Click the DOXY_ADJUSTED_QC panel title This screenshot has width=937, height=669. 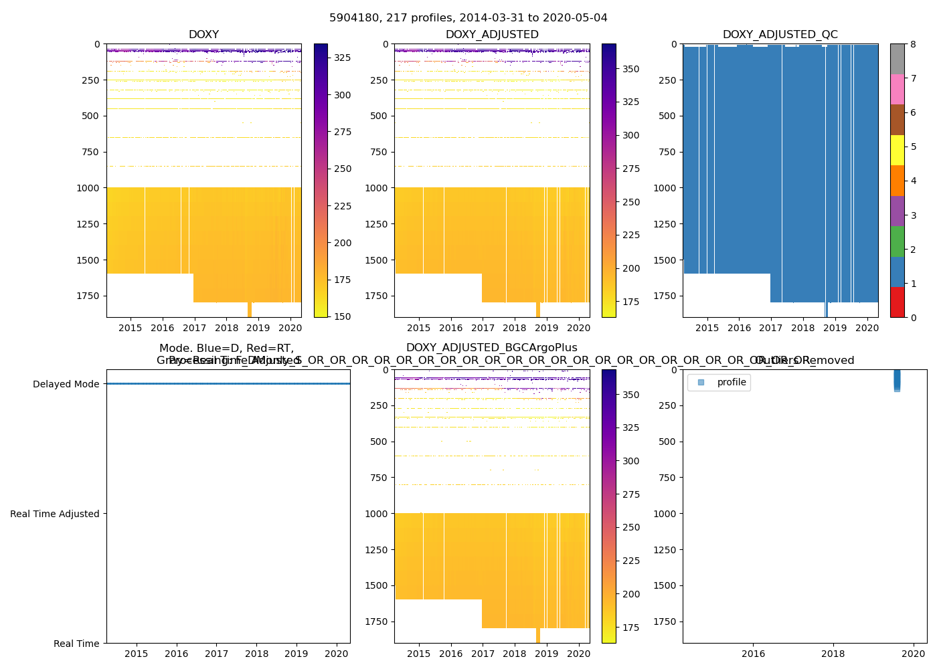[x=780, y=35]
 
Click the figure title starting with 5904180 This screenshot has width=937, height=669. [x=468, y=18]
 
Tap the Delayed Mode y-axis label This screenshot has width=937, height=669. [x=66, y=384]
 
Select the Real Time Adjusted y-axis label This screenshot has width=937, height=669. [x=55, y=514]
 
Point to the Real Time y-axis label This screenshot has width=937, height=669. [x=76, y=644]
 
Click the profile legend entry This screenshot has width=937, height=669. [x=731, y=382]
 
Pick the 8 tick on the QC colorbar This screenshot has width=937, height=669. [x=913, y=44]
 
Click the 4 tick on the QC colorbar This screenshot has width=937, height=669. [x=913, y=181]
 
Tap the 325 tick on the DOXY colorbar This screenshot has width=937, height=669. [x=343, y=58]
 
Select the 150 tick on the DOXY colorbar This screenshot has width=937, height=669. [x=343, y=316]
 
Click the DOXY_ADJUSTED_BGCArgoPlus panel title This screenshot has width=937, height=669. [x=492, y=348]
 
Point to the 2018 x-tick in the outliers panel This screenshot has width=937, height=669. [x=833, y=654]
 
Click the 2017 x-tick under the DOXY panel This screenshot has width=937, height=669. [x=195, y=328]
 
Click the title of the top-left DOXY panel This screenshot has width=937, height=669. [x=203, y=35]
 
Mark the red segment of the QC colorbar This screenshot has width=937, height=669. [x=898, y=302]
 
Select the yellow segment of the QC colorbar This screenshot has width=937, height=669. [x=898, y=150]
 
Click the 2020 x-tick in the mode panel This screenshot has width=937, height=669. [x=337, y=654]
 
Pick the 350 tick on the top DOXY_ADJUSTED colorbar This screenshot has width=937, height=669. [x=631, y=69]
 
